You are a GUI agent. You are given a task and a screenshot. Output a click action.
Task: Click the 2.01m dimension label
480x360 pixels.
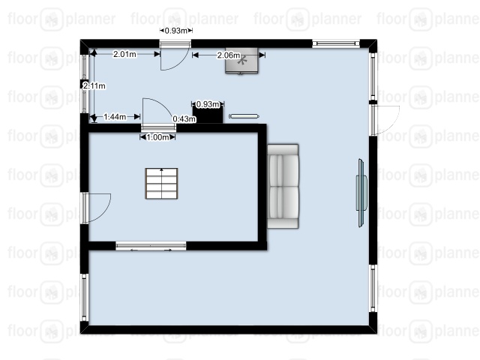[124, 54]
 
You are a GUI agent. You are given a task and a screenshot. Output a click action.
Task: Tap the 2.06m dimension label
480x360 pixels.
[229, 55]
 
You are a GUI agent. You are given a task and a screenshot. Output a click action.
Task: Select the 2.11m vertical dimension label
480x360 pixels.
[94, 86]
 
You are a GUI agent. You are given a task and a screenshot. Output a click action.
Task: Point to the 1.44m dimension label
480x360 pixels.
[115, 117]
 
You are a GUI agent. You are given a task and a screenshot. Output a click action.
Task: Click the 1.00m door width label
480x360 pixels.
[157, 137]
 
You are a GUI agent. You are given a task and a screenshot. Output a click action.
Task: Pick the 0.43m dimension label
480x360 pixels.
[184, 118]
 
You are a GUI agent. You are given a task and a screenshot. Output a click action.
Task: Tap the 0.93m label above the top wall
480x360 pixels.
[176, 31]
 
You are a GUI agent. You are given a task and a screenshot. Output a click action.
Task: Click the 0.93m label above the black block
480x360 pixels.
[208, 104]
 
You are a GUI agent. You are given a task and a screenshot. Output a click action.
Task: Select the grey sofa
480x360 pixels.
[283, 187]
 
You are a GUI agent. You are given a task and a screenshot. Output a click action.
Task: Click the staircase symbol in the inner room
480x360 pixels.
[161, 183]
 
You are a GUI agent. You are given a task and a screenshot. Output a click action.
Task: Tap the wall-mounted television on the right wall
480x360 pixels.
[361, 193]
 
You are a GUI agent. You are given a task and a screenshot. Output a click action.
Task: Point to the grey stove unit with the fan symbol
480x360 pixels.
[241, 61]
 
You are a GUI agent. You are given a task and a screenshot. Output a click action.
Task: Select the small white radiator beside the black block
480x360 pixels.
[244, 116]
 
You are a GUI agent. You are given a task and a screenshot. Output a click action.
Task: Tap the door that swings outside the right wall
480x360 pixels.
[385, 120]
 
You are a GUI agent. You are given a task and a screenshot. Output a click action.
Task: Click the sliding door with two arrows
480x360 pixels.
[151, 246]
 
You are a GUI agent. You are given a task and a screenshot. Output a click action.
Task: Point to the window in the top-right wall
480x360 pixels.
[336, 43]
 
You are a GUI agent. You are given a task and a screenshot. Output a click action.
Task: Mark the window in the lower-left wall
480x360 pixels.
[85, 297]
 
